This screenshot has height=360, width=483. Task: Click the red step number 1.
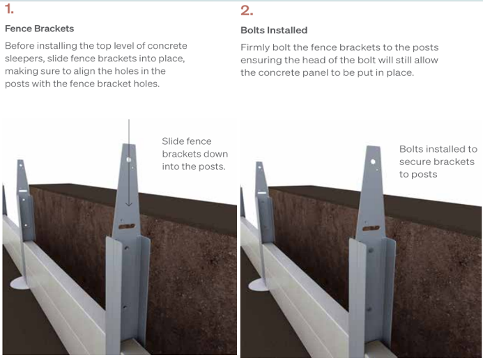tap(9, 9)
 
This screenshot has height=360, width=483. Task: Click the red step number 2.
tap(247, 10)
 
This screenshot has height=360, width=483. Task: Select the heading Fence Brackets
tap(40, 29)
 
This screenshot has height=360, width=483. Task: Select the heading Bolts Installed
tap(274, 30)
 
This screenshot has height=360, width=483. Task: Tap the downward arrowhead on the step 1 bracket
tap(129, 204)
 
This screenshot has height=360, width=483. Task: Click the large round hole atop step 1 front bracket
tap(129, 159)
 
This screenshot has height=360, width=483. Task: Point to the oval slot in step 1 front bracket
tap(127, 226)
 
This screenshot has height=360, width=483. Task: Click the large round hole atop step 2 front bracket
tap(373, 162)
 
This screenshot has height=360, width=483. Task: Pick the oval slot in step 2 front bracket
tap(371, 228)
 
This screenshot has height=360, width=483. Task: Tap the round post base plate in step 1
tap(20, 283)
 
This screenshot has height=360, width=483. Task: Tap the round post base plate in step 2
tap(258, 285)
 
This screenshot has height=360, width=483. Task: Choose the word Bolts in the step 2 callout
tap(411, 149)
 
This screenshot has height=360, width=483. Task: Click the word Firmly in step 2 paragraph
tap(255, 47)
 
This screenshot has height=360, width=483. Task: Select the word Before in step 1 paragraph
tap(20, 46)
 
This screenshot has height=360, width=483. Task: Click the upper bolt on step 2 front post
tap(371, 250)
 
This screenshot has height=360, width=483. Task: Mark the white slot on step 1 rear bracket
tap(23, 191)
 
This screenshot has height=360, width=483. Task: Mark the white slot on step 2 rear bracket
tap(262, 193)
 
